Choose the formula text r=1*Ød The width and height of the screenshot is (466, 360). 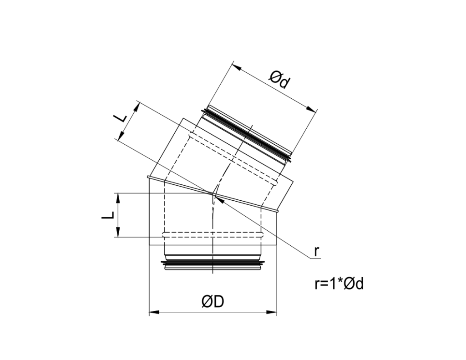[x=339, y=284]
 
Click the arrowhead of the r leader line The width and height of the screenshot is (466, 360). [x=218, y=197]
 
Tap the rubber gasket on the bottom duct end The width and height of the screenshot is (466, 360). [x=213, y=263]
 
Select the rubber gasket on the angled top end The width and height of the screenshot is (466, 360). [x=248, y=133]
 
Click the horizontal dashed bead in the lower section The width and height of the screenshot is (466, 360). [x=213, y=235]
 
